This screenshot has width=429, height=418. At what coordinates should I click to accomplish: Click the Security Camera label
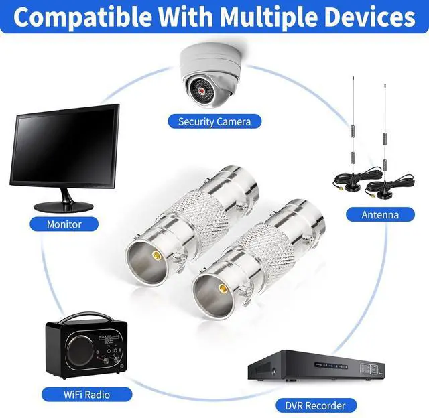pyautogui.click(x=214, y=121)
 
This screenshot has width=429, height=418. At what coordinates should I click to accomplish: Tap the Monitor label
pyautogui.click(x=64, y=224)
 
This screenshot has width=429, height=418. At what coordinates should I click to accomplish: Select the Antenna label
pyautogui.click(x=380, y=215)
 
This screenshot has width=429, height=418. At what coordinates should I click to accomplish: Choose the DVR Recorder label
pyautogui.click(x=316, y=405)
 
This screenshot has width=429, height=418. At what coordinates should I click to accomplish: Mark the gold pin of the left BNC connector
pyautogui.click(x=156, y=256)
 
